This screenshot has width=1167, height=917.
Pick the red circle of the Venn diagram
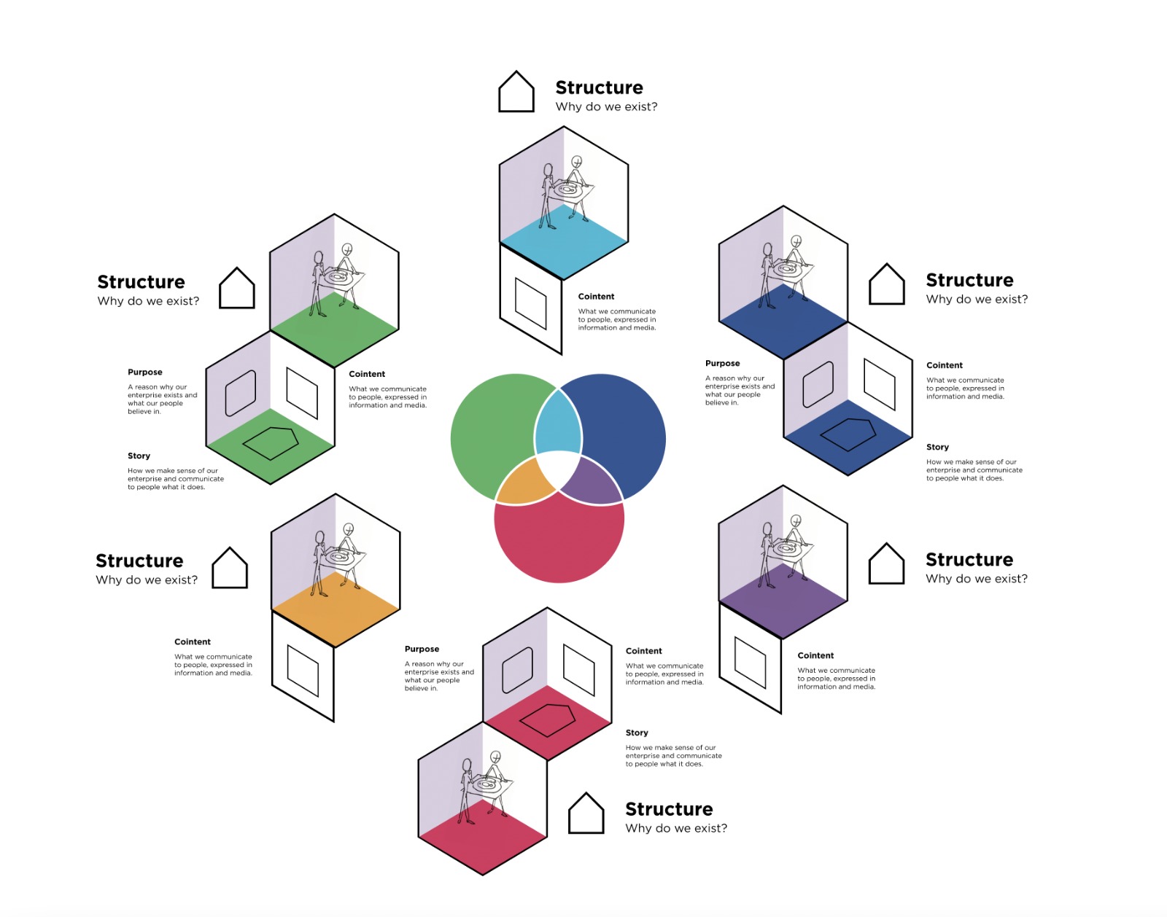coord(559,539)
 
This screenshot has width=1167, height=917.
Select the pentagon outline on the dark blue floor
coord(848,434)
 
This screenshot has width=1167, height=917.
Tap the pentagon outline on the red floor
coord(548,720)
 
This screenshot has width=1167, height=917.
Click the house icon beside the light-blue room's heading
coord(516,92)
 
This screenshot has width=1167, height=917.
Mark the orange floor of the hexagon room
coord(336,609)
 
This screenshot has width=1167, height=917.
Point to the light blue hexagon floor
coord(564,241)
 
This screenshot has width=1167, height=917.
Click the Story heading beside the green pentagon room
coord(139,456)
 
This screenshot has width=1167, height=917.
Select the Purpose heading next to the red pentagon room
coord(422,649)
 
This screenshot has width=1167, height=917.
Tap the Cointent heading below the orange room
coord(193,641)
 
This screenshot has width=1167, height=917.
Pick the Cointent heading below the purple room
coord(815,655)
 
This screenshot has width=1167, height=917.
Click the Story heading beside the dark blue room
coord(937,447)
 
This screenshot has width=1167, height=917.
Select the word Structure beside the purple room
coord(969,559)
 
